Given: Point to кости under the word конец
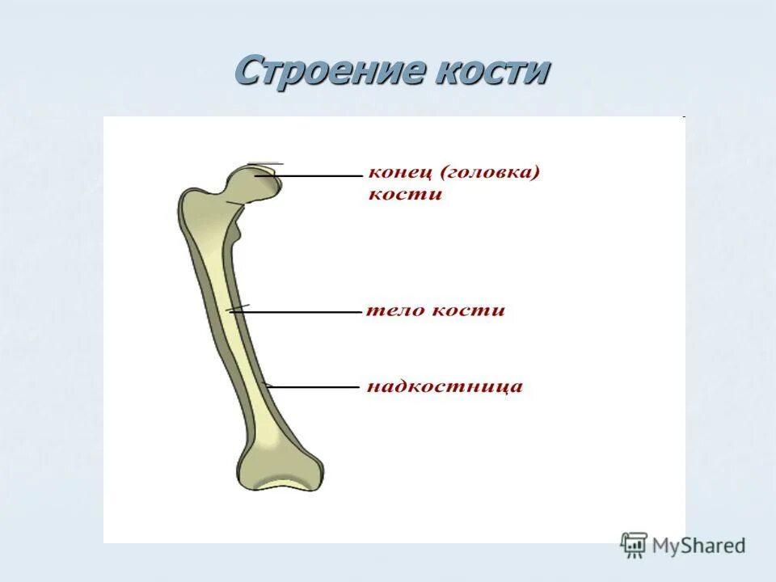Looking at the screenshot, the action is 405,195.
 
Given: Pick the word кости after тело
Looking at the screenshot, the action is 467,310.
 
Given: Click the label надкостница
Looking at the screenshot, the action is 445,386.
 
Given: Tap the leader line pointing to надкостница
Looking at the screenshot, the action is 315,387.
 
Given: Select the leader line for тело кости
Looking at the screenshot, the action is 299,310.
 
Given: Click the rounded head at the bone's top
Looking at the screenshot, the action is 259,184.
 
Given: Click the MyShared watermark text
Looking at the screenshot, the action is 698,546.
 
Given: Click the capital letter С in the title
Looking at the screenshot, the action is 247,72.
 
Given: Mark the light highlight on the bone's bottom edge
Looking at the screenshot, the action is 279,486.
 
